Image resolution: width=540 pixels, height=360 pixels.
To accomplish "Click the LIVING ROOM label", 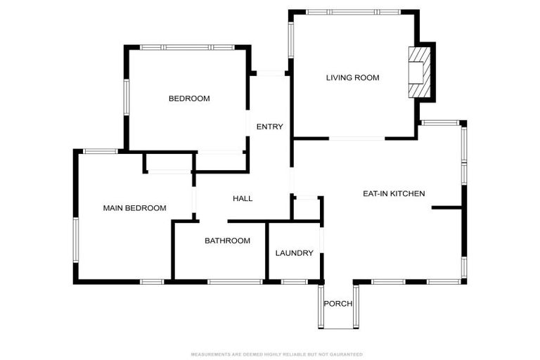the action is (353, 78).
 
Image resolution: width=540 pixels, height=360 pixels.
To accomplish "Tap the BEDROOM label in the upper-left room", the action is (189, 98).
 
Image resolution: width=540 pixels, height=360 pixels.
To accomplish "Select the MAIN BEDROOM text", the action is (135, 208).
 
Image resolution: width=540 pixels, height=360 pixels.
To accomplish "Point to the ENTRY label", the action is (270, 127).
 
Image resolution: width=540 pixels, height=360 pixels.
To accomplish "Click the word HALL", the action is (243, 198).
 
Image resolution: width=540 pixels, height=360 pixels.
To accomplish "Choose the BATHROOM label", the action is (227, 240).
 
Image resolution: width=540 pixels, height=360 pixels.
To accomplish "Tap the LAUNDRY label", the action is (294, 253).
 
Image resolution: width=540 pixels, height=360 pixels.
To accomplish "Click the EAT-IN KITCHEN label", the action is (394, 193).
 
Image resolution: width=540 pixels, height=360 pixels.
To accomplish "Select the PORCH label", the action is (337, 304).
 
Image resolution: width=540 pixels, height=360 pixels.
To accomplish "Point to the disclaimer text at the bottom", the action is (276, 354).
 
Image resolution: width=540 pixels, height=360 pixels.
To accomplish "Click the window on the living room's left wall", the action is (290, 40).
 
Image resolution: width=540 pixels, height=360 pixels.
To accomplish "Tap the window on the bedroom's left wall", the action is (127, 98).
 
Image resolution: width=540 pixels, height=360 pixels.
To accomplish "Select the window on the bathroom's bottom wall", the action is (236, 282).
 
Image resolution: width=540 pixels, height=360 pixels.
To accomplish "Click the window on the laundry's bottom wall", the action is (294, 282).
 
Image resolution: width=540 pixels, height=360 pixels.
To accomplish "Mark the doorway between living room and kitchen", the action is (356, 139).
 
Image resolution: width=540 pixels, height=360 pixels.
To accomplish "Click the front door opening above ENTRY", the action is (271, 73).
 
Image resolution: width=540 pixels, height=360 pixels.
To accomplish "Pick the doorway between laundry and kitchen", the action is (321, 240).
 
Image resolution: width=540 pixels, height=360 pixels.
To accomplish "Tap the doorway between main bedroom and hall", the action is (194, 200).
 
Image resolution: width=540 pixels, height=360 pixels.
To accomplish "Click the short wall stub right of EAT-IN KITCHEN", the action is (446, 207).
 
